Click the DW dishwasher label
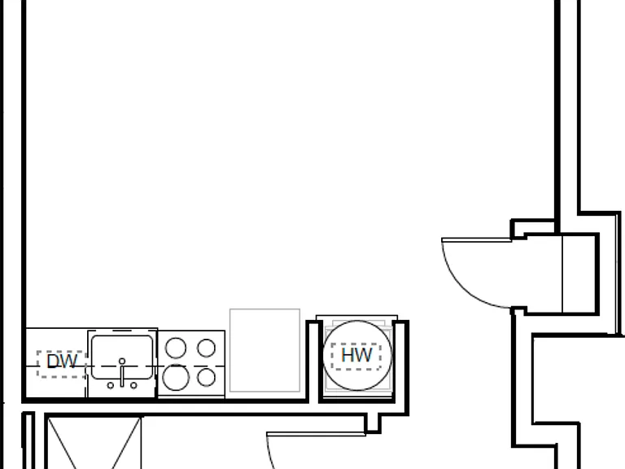(62, 362)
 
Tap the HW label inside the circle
(356, 355)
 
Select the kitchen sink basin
(122, 357)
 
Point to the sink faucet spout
(122, 373)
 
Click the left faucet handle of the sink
(111, 385)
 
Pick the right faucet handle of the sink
(133, 385)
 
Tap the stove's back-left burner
(176, 348)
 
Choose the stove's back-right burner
(206, 348)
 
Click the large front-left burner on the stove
(176, 377)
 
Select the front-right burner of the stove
(206, 377)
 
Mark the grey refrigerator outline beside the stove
(264, 350)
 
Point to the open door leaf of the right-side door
(476, 239)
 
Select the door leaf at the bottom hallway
(316, 434)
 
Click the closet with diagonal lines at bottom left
(94, 443)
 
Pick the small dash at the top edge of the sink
(122, 331)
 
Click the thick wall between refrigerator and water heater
(313, 361)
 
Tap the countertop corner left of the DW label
(26, 329)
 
